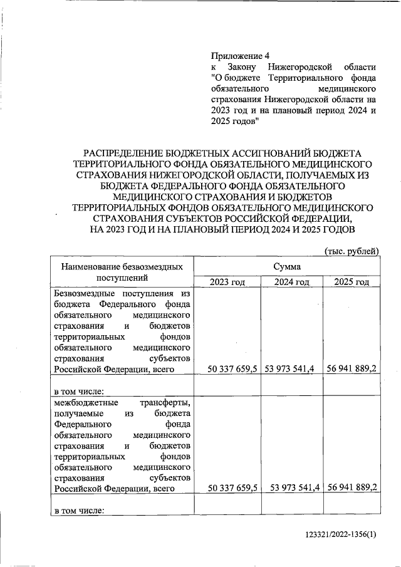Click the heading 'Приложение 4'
tap(241, 55)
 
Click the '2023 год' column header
tap(226, 282)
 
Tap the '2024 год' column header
tap(291, 282)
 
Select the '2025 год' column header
tap(352, 282)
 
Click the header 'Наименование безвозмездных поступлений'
tap(122, 273)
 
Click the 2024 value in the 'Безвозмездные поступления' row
tap(290, 370)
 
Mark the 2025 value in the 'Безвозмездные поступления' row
tap(352, 370)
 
